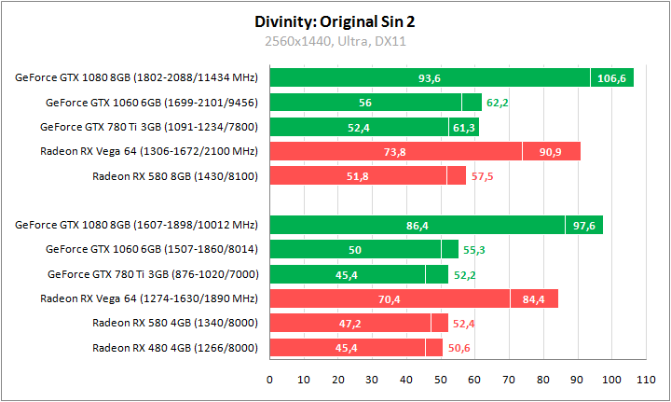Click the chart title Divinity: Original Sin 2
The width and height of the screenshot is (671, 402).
(x=335, y=21)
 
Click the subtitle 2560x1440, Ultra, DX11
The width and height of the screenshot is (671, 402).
(x=335, y=41)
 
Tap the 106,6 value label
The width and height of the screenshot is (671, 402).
(x=611, y=77)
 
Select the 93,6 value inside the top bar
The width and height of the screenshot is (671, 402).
(x=430, y=77)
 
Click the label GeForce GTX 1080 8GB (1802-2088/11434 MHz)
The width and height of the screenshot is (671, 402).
(x=136, y=77)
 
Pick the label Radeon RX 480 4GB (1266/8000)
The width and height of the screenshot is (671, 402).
(x=175, y=347)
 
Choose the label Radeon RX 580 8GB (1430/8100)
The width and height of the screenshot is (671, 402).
(x=175, y=174)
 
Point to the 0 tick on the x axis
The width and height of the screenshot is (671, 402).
(x=269, y=380)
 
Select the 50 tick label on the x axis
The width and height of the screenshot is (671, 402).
(x=441, y=380)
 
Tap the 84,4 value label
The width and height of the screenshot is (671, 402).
(x=534, y=298)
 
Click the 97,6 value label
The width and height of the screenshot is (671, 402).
(x=583, y=225)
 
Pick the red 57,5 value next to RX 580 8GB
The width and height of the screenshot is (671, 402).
(x=482, y=174)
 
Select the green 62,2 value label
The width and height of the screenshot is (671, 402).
(x=498, y=102)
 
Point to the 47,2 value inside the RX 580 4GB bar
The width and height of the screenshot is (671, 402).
(x=349, y=323)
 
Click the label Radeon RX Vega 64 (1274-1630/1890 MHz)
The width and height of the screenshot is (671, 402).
(x=149, y=298)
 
